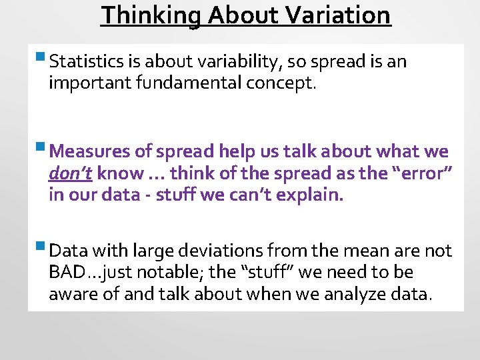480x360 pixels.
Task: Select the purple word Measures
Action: point(91,151)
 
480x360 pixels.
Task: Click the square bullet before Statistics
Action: point(42,61)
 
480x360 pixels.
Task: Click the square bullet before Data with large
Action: point(42,249)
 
